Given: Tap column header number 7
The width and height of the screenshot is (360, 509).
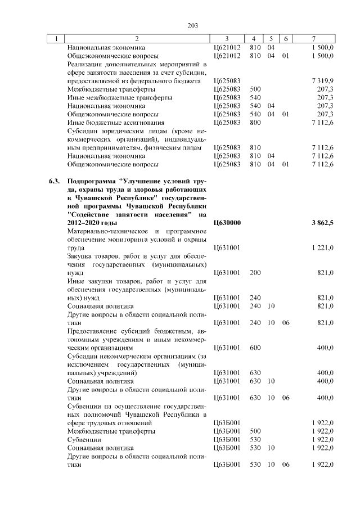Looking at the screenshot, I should pos(313,39).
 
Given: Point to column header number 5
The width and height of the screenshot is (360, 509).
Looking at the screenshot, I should pos(271,39).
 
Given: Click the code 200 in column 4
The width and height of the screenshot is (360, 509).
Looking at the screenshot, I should pos(255,272).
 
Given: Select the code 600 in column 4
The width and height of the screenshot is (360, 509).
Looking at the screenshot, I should pos(255,348).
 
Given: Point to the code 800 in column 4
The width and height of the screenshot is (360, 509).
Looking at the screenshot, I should pos(255,122).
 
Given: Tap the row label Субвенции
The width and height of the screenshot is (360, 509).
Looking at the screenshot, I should pos(84,439).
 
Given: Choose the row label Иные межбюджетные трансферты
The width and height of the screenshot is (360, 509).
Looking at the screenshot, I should pos(120,97).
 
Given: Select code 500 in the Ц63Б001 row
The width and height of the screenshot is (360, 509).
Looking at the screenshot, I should pos(255,431).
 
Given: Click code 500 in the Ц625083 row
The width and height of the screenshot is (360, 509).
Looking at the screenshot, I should pos(255,89).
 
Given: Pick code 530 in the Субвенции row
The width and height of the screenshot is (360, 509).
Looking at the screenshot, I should pos(255,439).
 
